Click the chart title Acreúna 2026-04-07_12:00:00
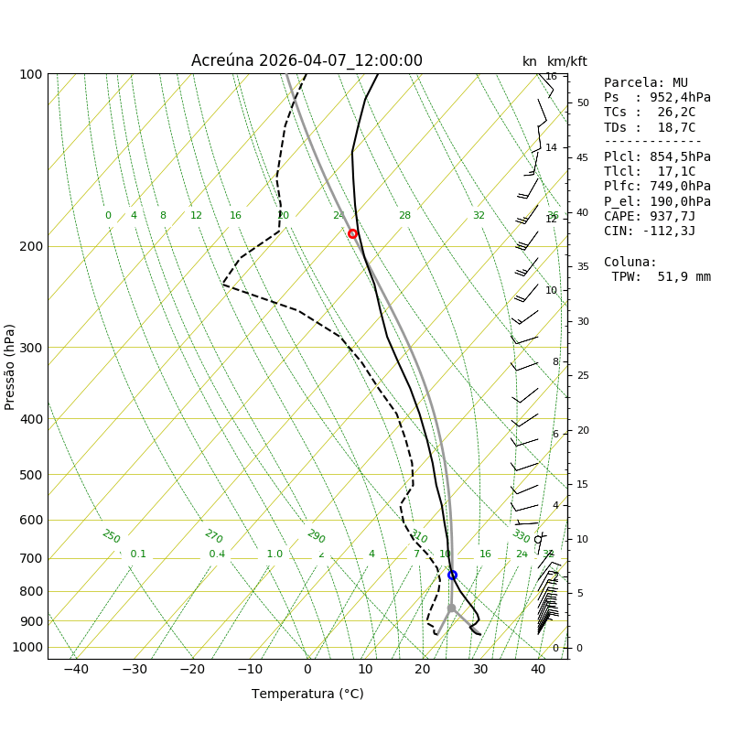click(x=307, y=60)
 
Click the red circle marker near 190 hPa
click(x=352, y=233)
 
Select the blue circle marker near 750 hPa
click(x=452, y=575)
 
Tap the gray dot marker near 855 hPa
click(x=451, y=608)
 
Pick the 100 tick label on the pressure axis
click(x=32, y=74)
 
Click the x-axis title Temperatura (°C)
click(x=307, y=694)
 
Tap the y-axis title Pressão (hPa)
click(x=10, y=366)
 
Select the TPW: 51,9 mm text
click(x=661, y=276)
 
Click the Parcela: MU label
click(x=645, y=83)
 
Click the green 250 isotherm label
click(x=111, y=536)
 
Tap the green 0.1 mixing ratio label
click(x=138, y=554)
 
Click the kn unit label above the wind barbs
click(x=530, y=61)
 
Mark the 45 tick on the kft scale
click(x=582, y=157)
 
